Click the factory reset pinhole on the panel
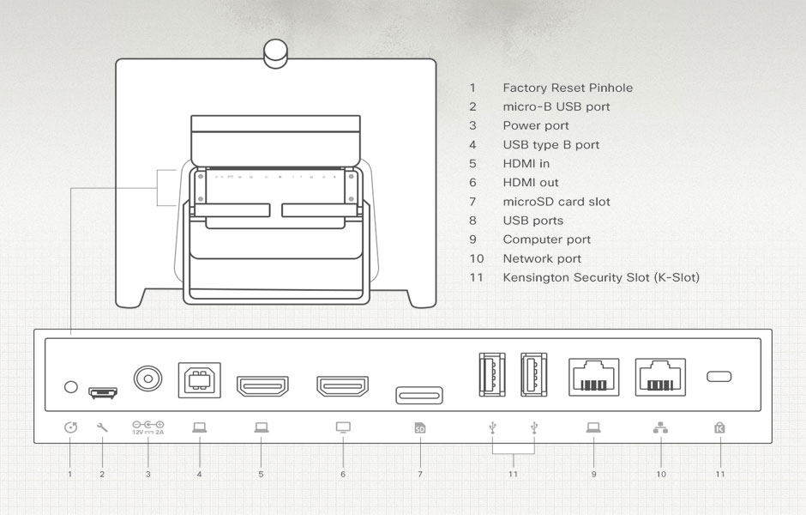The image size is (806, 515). point(71,386)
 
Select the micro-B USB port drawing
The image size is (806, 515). point(103,392)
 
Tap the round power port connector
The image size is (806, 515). point(147,378)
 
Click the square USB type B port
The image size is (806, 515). point(198,379)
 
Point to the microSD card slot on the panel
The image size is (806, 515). point(419,395)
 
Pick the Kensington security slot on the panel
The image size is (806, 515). point(719,377)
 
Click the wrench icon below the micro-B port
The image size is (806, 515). point(103,427)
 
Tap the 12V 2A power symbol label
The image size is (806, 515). point(147,427)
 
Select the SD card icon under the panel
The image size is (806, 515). point(419,427)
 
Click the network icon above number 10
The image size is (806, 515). point(660,427)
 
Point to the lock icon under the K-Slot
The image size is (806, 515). point(719,427)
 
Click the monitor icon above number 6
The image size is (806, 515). point(343,427)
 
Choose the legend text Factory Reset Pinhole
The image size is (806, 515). point(568,88)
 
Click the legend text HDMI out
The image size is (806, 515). point(531,183)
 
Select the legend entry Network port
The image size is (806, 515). point(542,258)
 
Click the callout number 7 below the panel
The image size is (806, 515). point(420,474)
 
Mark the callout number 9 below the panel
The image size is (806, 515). point(593,474)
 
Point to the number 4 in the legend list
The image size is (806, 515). point(472,145)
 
